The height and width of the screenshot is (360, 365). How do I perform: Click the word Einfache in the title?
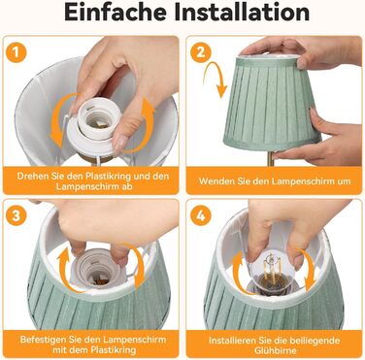click(116, 12)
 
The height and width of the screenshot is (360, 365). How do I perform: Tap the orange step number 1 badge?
click(16, 52)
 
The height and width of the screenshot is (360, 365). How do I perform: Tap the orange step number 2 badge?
click(201, 52)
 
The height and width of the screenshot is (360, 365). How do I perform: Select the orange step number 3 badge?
click(16, 215)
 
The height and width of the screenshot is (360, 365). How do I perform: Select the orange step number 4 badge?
click(201, 215)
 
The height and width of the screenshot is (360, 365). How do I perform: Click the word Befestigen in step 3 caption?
click(43, 340)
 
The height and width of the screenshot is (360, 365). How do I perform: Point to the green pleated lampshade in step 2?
click(272, 103)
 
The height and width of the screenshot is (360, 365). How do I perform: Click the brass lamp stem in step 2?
click(271, 158)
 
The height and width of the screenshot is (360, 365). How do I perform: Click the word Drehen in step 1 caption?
click(31, 177)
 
